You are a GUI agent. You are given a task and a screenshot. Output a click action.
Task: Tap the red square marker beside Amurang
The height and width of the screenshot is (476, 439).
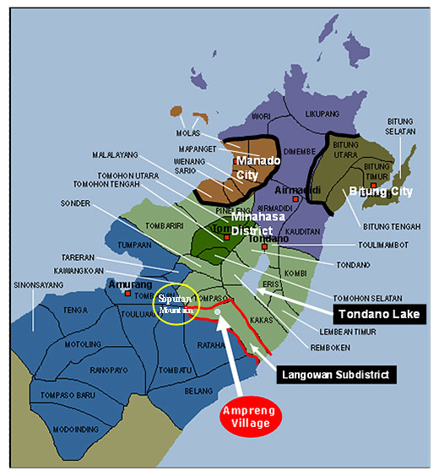[x=128, y=294]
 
